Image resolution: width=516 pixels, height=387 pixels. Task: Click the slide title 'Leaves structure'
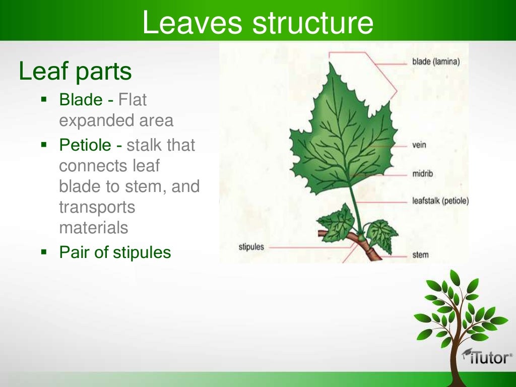pyautogui.click(x=257, y=23)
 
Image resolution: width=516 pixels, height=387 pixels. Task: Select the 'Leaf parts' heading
pyautogui.click(x=75, y=72)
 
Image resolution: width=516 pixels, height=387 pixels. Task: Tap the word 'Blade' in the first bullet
pyautogui.click(x=81, y=100)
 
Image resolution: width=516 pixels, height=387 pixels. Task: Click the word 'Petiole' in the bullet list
pyautogui.click(x=85, y=146)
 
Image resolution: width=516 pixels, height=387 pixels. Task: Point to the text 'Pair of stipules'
pyautogui.click(x=115, y=252)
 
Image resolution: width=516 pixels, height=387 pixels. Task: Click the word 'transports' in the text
pyautogui.click(x=97, y=207)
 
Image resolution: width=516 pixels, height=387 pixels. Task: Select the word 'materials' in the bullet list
pyautogui.click(x=93, y=228)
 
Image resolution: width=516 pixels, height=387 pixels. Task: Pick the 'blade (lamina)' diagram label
pyautogui.click(x=435, y=62)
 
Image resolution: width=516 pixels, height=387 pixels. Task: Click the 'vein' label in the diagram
pyautogui.click(x=419, y=145)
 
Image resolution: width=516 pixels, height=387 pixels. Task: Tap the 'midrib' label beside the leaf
pyautogui.click(x=422, y=174)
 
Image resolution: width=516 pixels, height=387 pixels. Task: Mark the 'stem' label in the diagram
pyautogui.click(x=420, y=255)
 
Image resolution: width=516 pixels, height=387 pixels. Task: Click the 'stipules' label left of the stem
pyautogui.click(x=251, y=247)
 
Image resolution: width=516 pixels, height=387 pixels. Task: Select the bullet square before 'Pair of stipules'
pyautogui.click(x=44, y=251)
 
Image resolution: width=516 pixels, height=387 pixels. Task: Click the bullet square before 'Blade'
pyautogui.click(x=44, y=99)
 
